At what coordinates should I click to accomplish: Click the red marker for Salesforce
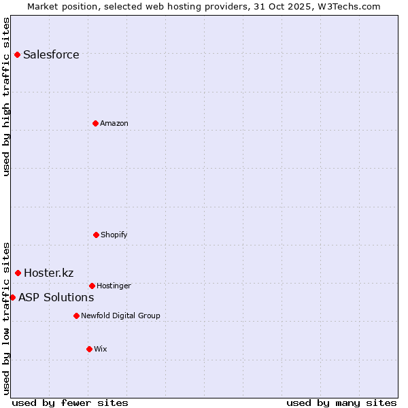(x=17, y=54)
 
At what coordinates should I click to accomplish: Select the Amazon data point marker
(x=95, y=123)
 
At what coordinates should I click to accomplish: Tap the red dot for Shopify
(x=96, y=235)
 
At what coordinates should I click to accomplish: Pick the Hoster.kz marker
(x=18, y=273)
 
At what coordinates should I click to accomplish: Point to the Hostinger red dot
(x=92, y=286)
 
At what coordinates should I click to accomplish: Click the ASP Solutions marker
(x=12, y=297)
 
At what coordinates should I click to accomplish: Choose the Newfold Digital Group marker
(x=76, y=316)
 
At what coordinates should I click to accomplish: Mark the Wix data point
(x=89, y=349)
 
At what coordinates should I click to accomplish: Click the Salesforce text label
(x=51, y=55)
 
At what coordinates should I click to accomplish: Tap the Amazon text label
(x=114, y=124)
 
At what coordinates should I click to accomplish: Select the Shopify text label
(x=114, y=235)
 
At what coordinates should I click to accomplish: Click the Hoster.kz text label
(x=48, y=273)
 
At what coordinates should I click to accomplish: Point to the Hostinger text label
(x=114, y=286)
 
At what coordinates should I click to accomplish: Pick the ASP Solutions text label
(x=56, y=298)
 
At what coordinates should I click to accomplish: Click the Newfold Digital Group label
(x=120, y=316)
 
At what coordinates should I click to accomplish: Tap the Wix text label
(x=101, y=350)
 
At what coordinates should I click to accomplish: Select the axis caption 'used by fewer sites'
(x=70, y=403)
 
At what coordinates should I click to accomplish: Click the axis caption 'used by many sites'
(x=341, y=403)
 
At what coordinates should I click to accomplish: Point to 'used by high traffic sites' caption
(x=7, y=97)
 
